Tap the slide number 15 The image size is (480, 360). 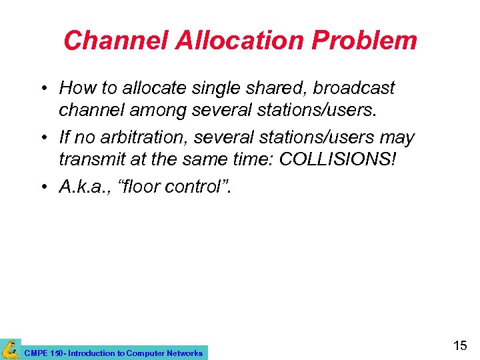pyautogui.click(x=460, y=345)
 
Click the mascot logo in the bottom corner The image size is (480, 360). pyautogui.click(x=10, y=349)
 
